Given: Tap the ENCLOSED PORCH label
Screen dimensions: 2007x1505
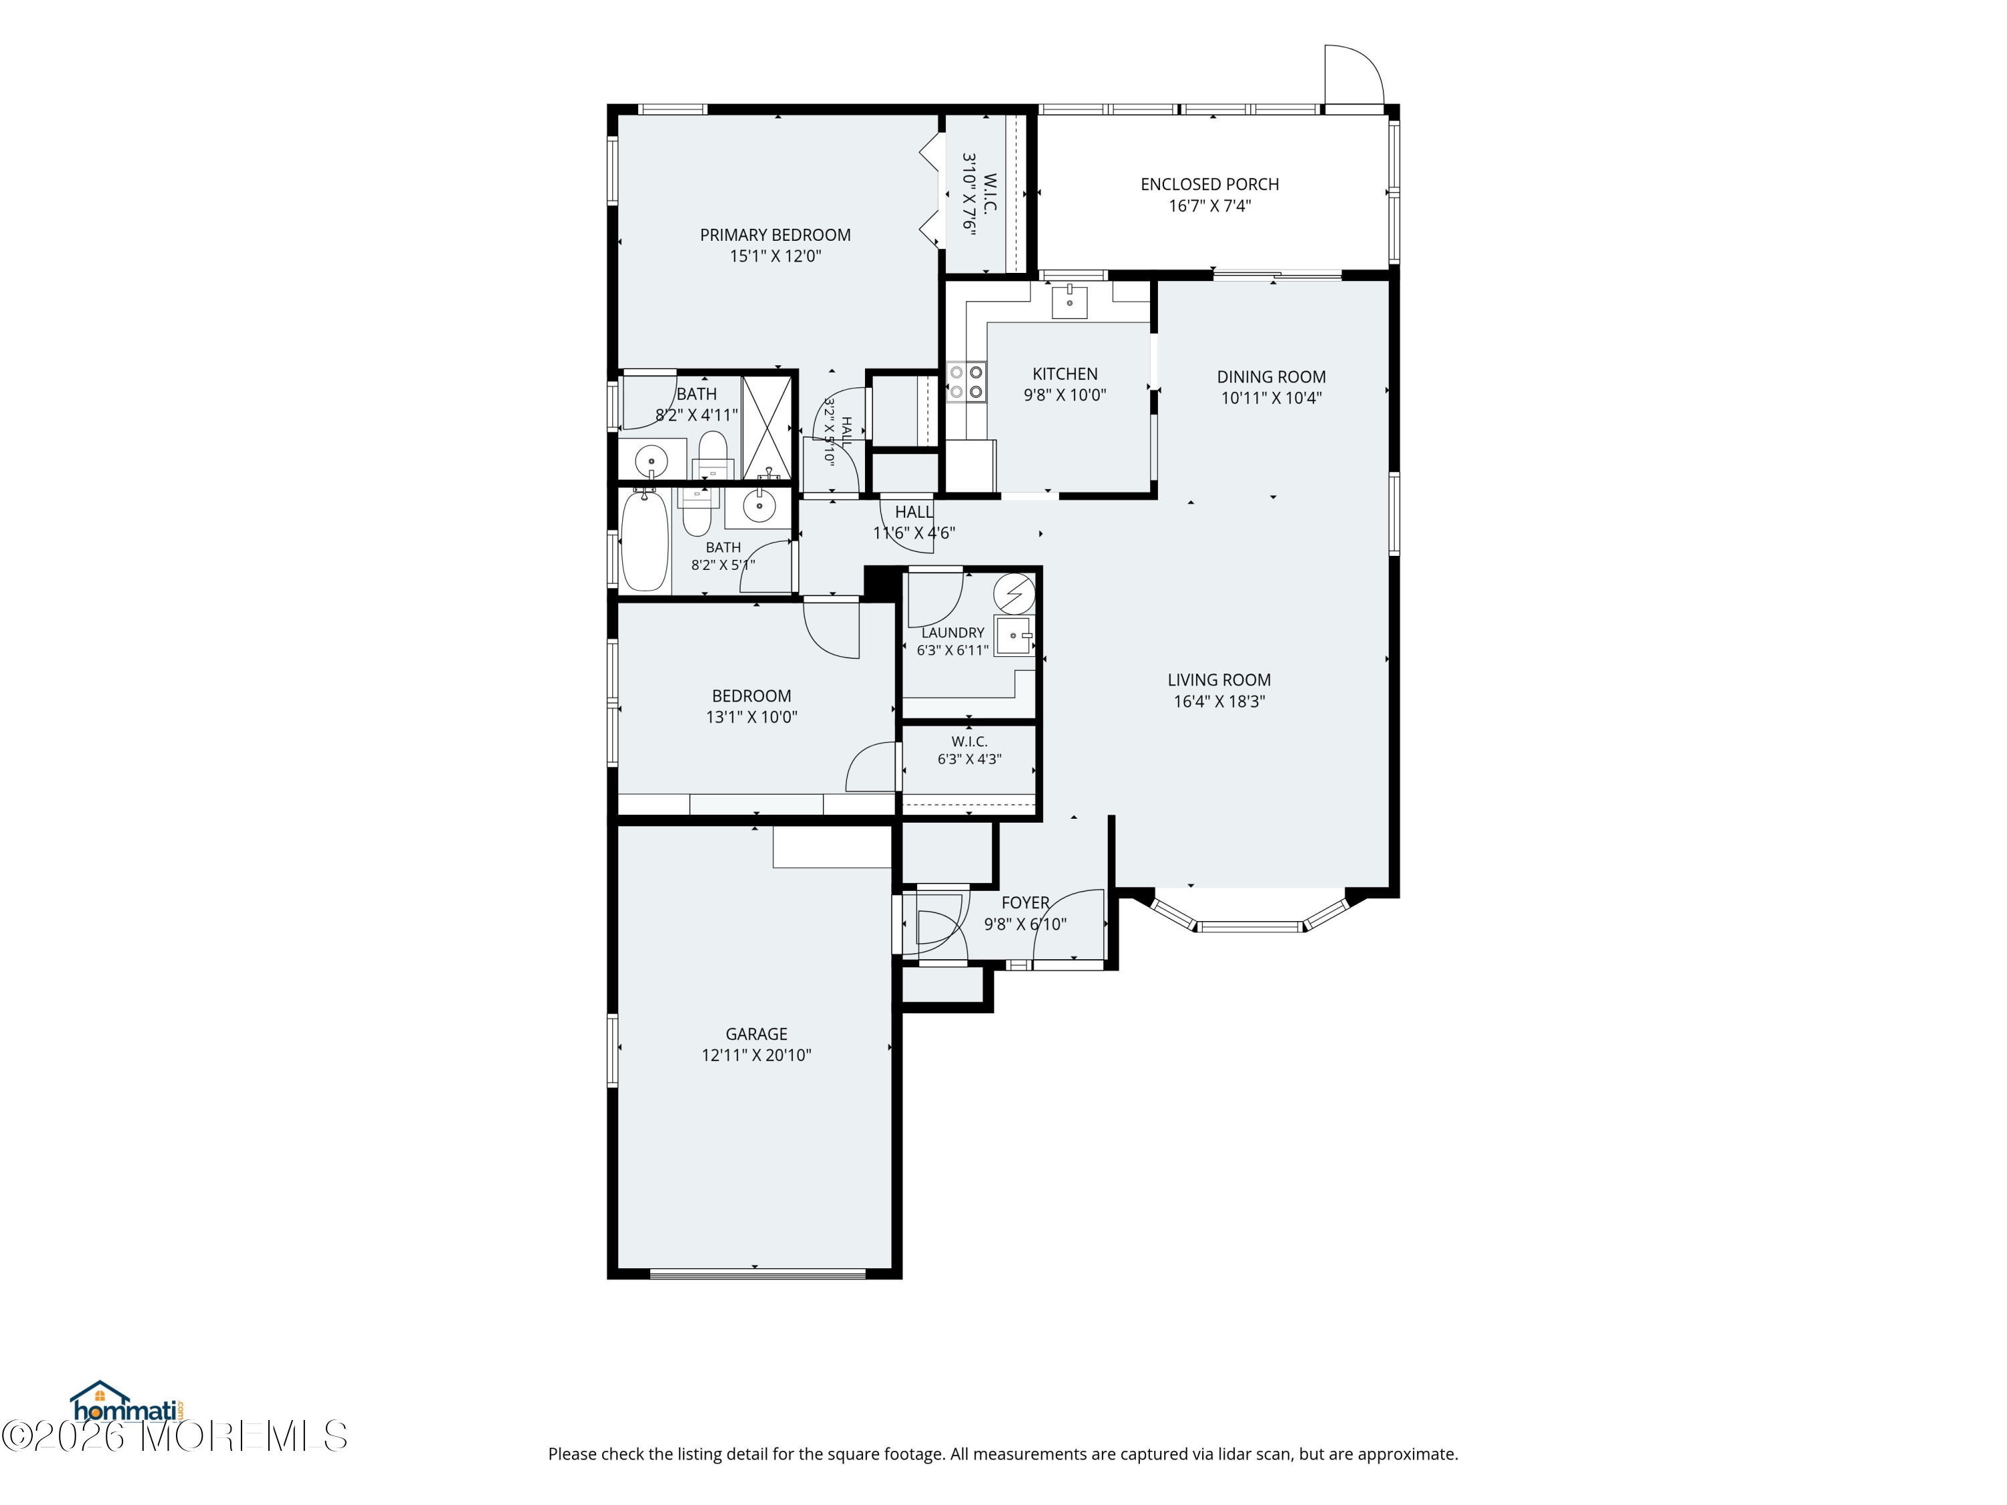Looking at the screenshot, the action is [x=1210, y=184].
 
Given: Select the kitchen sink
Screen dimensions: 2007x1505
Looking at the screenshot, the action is [x=1070, y=300].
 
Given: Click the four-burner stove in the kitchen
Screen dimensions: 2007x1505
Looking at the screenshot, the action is [x=966, y=382].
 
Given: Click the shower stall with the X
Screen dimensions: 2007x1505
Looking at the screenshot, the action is [x=767, y=427].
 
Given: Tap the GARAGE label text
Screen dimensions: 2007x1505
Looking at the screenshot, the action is [x=756, y=1033].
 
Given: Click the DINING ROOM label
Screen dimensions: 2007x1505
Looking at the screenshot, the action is [x=1271, y=377].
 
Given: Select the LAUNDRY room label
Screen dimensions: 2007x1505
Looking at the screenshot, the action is [x=953, y=632].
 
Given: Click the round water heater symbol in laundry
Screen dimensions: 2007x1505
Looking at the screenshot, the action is [x=1014, y=593].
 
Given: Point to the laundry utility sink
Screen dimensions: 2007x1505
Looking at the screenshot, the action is [x=1014, y=635].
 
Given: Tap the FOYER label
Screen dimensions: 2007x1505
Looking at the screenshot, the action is [x=1026, y=902].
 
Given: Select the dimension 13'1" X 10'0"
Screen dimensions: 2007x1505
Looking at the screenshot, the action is [x=751, y=716].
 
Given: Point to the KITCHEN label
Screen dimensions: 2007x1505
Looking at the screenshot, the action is [x=1065, y=374].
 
